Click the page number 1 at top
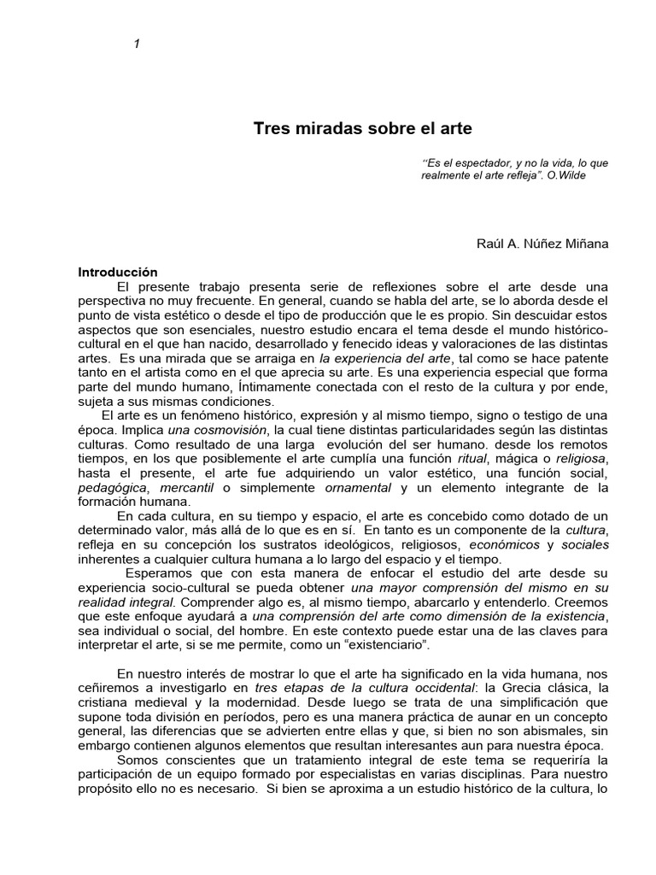(x=136, y=45)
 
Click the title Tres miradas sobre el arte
(x=362, y=129)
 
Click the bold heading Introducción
(x=119, y=272)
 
